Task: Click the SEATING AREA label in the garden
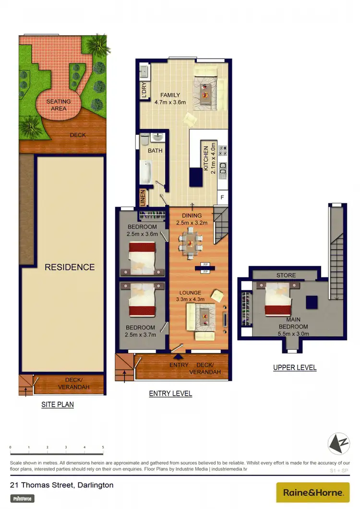pos(58,105)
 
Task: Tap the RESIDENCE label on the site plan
pos(70,267)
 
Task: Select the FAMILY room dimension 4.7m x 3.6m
pos(170,102)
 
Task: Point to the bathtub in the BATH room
pos(145,172)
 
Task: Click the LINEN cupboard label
pos(143,197)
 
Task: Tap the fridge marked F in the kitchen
pos(222,197)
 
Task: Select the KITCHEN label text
pos(205,158)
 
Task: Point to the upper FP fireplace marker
pos(205,264)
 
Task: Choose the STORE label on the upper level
pos(286,275)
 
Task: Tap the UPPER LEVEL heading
pos(295,368)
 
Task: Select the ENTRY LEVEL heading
pos(170,394)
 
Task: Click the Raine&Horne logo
pos(313,492)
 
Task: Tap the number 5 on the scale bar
pos(103,447)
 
